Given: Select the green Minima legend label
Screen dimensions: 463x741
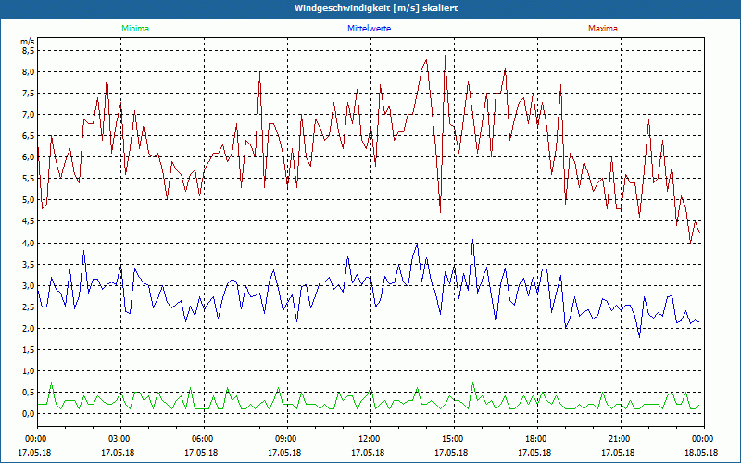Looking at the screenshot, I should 134,29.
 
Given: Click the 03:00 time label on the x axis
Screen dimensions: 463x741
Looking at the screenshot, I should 119,439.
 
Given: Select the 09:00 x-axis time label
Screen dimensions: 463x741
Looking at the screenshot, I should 286,439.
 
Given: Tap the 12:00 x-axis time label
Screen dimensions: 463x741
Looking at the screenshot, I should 369,439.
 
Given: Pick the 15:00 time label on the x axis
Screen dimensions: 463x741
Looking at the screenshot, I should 452,439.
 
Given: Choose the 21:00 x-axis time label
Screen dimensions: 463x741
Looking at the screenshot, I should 619,439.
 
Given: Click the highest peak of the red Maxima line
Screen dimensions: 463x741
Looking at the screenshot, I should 446,55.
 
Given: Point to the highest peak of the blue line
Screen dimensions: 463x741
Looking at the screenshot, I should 473,239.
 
